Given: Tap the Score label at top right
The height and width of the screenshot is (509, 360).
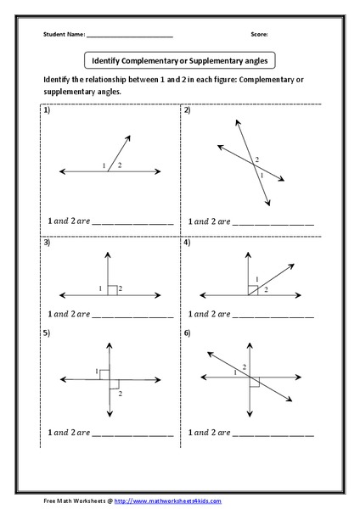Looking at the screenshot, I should coord(259,35).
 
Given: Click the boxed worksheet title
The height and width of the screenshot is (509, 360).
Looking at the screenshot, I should coord(179,61).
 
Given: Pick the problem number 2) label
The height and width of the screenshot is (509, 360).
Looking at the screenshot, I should coord(187,112).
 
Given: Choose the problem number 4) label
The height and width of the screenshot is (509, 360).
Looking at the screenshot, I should coord(187,243).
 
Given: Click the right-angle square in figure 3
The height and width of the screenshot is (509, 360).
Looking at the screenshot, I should coord(112,290).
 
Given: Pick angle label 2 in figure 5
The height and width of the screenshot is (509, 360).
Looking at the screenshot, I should coord(120,394).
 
